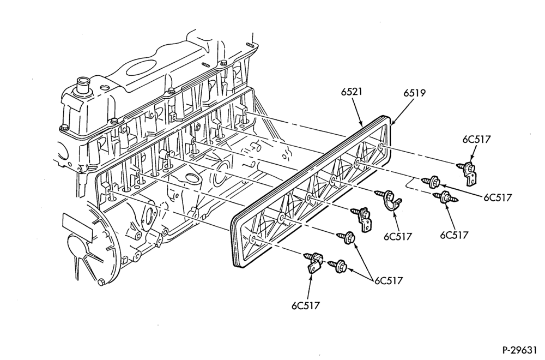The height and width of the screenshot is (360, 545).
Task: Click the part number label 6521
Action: click(352, 92)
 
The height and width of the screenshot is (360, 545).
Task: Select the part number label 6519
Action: click(415, 93)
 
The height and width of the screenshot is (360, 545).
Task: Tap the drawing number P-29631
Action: click(523, 349)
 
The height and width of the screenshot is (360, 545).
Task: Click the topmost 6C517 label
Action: click(476, 139)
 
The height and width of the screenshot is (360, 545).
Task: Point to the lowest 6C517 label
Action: click(306, 305)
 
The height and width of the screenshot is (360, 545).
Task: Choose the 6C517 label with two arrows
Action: click(389, 280)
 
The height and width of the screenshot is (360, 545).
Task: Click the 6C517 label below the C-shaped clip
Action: click(398, 237)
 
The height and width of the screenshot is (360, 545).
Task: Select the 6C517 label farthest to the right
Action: click(498, 197)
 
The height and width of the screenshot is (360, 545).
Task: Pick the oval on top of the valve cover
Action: click(142, 68)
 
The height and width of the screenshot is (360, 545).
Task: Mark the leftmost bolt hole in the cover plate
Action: click(252, 239)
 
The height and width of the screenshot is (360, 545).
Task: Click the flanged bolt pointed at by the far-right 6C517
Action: click(431, 182)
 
